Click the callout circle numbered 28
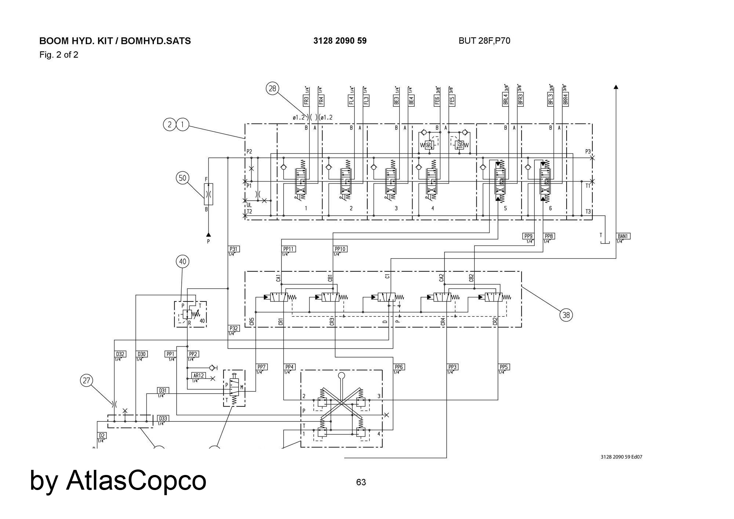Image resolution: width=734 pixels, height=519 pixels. (272, 88)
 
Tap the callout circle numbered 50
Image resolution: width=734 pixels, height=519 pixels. (182, 178)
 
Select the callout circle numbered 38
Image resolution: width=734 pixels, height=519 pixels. (566, 315)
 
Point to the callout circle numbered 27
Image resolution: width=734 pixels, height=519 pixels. (86, 380)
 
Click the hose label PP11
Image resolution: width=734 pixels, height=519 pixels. (289, 249)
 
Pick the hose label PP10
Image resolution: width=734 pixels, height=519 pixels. (340, 249)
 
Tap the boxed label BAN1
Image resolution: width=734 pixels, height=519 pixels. (623, 236)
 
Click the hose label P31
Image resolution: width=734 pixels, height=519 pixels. (233, 249)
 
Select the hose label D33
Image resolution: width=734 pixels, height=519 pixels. (163, 419)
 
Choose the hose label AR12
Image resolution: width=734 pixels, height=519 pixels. (199, 376)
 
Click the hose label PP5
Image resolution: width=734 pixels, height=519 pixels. (504, 367)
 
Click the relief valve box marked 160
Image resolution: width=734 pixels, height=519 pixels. (460, 145)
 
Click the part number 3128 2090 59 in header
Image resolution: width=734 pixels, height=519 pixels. (340, 41)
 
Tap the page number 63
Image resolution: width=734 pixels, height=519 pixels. (361, 482)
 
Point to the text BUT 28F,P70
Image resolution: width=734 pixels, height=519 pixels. (484, 41)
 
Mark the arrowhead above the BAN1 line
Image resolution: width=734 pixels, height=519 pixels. (616, 87)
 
